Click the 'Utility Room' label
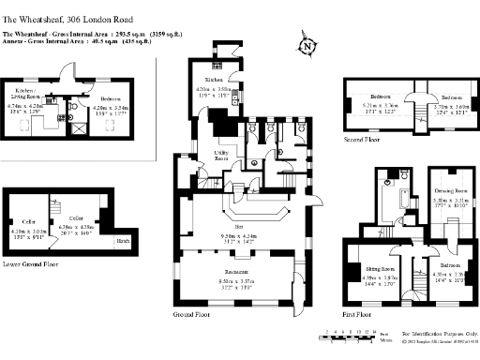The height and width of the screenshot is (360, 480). click(222, 155)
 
